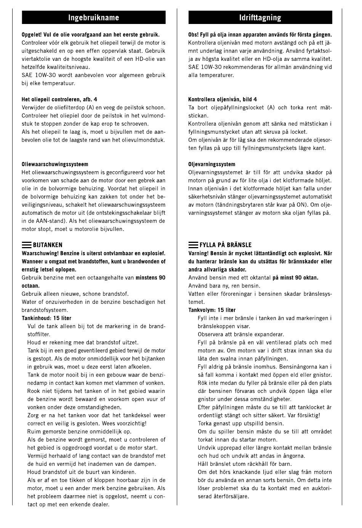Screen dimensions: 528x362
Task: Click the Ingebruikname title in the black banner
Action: (93, 18)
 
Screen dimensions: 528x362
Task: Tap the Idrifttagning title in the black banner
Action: (260, 18)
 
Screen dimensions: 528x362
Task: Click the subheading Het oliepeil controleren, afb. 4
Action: (59, 100)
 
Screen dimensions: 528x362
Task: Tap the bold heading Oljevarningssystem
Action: (211, 164)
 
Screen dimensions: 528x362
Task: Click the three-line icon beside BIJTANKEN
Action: (27, 245)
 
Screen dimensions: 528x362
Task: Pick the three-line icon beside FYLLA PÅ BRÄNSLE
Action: (193, 245)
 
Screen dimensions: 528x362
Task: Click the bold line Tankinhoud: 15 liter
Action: (46, 318)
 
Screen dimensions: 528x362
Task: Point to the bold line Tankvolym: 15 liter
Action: (212, 310)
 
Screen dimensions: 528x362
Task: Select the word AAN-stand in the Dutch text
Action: (46, 221)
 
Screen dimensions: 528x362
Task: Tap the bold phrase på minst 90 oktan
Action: (295, 278)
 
